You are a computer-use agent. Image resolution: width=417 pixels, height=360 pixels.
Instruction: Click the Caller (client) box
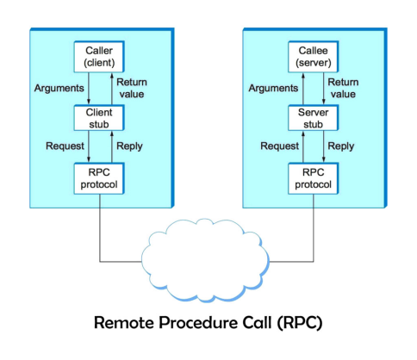(x=99, y=57)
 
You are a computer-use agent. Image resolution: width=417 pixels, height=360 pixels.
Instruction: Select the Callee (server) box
(x=314, y=57)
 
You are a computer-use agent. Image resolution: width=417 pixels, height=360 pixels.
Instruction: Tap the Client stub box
(x=99, y=118)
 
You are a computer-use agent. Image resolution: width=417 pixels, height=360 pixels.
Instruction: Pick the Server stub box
(x=314, y=118)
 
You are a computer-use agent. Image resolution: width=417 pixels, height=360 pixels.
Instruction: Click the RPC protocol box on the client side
(x=99, y=178)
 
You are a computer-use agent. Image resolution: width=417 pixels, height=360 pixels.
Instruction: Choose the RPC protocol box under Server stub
(x=314, y=178)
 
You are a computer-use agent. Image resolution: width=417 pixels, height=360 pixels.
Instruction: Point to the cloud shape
(x=205, y=260)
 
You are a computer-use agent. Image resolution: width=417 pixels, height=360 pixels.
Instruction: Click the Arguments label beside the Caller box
(x=59, y=88)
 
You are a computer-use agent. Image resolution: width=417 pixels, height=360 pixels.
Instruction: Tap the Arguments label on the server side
(x=273, y=88)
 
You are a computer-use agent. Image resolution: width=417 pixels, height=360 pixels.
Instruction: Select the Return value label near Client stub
(x=132, y=88)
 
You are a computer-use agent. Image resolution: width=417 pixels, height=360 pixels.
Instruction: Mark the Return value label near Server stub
(x=343, y=88)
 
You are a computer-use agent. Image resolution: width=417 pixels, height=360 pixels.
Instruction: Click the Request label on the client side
(x=65, y=146)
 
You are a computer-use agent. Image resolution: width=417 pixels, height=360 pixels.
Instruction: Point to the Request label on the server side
(x=279, y=146)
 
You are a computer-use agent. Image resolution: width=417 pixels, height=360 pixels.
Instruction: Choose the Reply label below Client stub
(x=129, y=146)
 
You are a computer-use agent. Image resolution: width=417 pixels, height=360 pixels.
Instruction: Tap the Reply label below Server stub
(x=341, y=146)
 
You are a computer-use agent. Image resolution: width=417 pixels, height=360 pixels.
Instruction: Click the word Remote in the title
(x=124, y=322)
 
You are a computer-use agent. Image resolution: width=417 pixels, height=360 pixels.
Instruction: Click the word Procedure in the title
(x=198, y=322)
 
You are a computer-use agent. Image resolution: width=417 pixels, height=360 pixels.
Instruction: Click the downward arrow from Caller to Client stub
(x=89, y=88)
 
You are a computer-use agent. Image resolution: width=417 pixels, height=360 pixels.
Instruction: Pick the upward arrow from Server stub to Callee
(x=303, y=89)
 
